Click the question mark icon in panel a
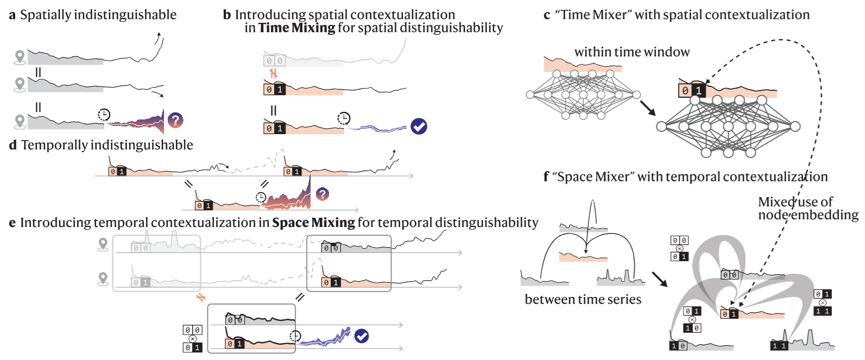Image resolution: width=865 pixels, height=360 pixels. [175, 120]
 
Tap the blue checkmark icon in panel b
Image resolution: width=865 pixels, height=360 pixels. [419, 127]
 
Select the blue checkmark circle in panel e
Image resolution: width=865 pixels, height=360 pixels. [362, 336]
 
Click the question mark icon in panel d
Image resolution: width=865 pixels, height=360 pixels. [323, 194]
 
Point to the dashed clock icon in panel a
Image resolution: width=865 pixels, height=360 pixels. [104, 115]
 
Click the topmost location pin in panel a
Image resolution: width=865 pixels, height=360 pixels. [20, 57]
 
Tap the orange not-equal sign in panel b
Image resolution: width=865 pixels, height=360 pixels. [274, 73]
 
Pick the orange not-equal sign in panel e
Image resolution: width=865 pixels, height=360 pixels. [201, 297]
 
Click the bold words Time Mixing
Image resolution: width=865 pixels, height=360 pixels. [296, 28]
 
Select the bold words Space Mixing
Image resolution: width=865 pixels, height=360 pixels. [313, 223]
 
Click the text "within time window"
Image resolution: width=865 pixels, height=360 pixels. [632, 52]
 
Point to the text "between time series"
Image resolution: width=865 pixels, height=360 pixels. [583, 299]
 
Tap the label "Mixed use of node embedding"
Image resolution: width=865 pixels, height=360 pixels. [808, 208]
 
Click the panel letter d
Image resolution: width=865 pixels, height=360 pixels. [13, 145]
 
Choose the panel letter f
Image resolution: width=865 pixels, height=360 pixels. [546, 176]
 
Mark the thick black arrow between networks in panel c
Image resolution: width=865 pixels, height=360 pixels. [648, 108]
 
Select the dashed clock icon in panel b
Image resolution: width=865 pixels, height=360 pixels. [344, 118]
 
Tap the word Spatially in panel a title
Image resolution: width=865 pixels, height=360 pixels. [46, 15]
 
